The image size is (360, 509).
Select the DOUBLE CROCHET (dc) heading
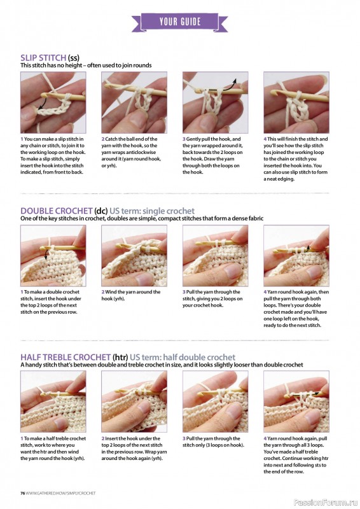pyautogui.click(x=66, y=211)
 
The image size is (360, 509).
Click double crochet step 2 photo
pyautogui.click(x=134, y=254)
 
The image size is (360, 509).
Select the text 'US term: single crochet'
pyautogui.click(x=152, y=211)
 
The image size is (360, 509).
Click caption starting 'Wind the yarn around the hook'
pyautogui.click(x=131, y=295)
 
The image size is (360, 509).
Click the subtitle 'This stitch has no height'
pyautogui.click(x=85, y=66)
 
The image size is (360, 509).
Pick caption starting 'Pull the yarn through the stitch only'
pyautogui.click(x=214, y=442)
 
